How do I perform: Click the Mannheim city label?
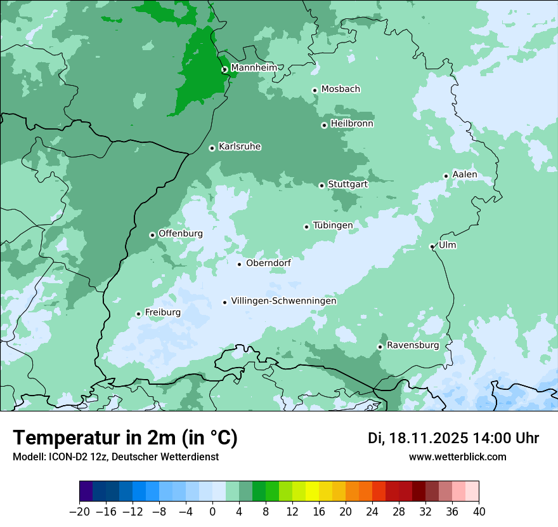pyautogui.click(x=254, y=67)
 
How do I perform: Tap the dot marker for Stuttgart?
pyautogui.click(x=321, y=185)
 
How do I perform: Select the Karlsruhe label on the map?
pyautogui.click(x=240, y=147)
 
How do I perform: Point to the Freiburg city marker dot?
pyautogui.click(x=138, y=314)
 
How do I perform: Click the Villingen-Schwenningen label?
pyautogui.click(x=283, y=301)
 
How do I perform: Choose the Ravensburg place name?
pyautogui.click(x=412, y=345)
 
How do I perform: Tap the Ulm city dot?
pyautogui.click(x=432, y=246)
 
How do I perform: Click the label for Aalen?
pyautogui.click(x=464, y=175)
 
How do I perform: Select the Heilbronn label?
pyautogui.click(x=352, y=124)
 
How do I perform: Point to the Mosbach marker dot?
pyautogui.click(x=315, y=90)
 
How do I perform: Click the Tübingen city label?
pyautogui.click(x=333, y=225)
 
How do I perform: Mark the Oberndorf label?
pyautogui.click(x=268, y=263)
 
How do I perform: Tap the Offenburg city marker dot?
pyautogui.click(x=152, y=235)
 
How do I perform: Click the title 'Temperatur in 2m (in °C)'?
pyautogui.click(x=125, y=437)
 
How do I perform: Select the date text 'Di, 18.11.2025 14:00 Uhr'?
pyautogui.click(x=453, y=438)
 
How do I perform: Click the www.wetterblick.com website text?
pyautogui.click(x=457, y=457)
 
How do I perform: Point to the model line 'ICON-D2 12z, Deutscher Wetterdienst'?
pyautogui.click(x=115, y=457)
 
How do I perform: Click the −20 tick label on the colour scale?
pyautogui.click(x=79, y=512)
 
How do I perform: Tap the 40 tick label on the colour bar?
pyautogui.click(x=479, y=512)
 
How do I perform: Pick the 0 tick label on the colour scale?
pyautogui.click(x=212, y=512)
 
